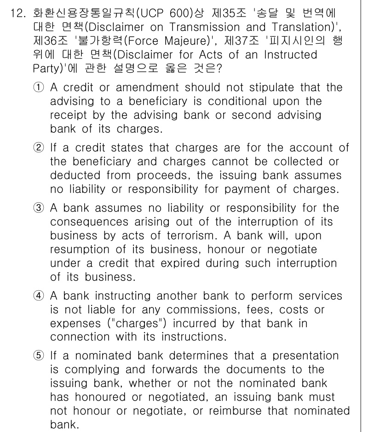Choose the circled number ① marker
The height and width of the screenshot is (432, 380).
(x=39, y=87)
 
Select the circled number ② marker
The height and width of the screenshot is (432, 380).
(x=39, y=148)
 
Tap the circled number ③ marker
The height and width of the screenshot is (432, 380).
(x=39, y=208)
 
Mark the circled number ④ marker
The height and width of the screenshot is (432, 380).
(x=39, y=296)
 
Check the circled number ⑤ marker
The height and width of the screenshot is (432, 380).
(x=39, y=356)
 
